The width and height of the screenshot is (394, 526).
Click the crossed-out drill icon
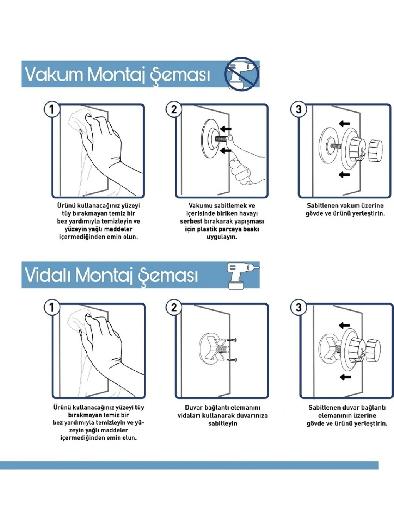point(242,74)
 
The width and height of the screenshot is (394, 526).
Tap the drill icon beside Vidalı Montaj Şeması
point(242,276)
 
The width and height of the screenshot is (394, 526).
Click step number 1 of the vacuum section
point(52,109)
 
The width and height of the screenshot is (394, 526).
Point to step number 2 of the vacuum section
point(174,109)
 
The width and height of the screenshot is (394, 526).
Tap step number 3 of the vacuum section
point(299,109)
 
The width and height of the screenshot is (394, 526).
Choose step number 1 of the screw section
point(52,307)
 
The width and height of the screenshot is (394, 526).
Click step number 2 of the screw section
point(174,307)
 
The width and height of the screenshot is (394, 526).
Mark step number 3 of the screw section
point(299,307)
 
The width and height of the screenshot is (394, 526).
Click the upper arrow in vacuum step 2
point(225,129)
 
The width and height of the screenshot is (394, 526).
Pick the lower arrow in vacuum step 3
point(344,175)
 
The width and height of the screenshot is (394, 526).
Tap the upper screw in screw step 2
point(232,339)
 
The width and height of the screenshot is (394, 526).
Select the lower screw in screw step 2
point(232,360)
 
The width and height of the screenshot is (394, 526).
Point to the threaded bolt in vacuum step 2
point(221,139)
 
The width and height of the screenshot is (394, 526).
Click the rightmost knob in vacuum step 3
point(376,151)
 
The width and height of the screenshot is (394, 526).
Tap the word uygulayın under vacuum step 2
point(222,237)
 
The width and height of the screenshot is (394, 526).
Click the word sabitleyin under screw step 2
point(222,423)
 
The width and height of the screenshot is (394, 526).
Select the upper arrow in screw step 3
point(344,325)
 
